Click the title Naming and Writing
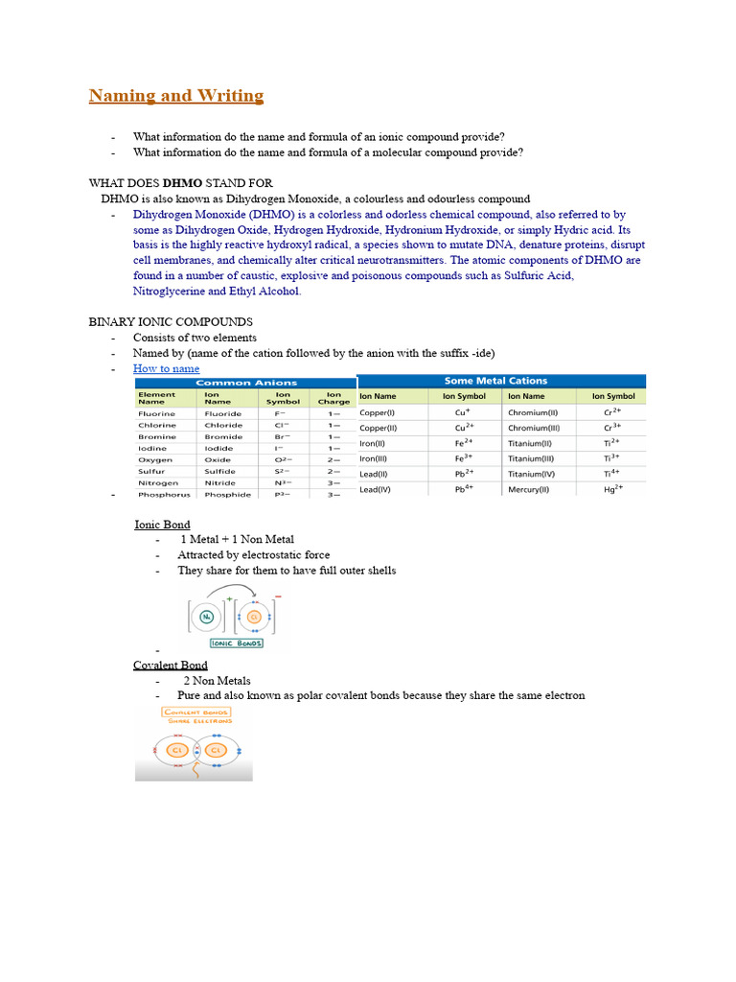(175, 96)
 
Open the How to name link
(166, 368)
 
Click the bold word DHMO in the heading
(182, 182)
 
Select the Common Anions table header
(246, 382)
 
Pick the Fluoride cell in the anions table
(222, 413)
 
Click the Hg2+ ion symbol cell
(613, 489)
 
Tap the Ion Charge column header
(333, 397)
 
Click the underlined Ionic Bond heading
(161, 525)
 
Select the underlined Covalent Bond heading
(170, 665)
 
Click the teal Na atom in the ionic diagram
(207, 617)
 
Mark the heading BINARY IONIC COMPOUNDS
(171, 321)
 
